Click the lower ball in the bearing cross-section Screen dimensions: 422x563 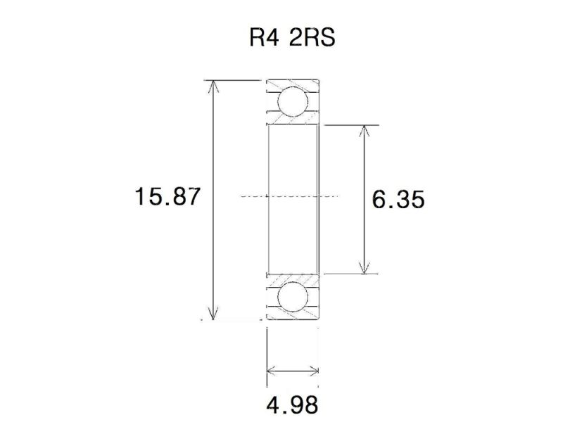click(293, 298)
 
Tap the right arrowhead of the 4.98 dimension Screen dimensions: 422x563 click(316, 371)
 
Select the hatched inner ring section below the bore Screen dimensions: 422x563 click(293, 277)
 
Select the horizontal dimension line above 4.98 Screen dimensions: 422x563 click(293, 371)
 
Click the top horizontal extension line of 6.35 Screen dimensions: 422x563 click(352, 125)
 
